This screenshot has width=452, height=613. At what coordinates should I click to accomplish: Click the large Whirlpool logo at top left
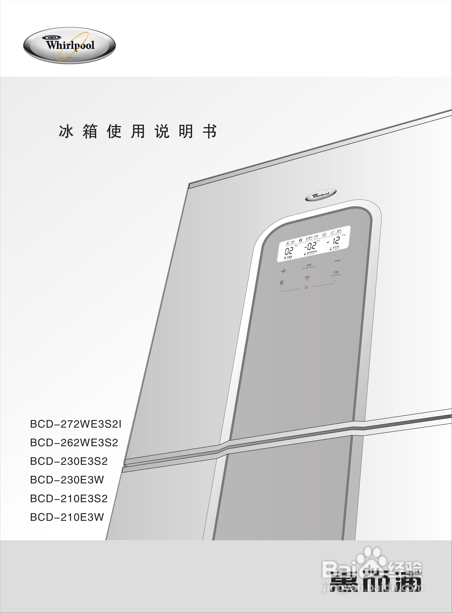pyautogui.click(x=69, y=46)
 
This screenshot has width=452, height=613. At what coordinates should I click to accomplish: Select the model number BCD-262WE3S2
pyautogui.click(x=74, y=443)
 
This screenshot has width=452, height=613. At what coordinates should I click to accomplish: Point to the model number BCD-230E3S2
pyautogui.click(x=69, y=461)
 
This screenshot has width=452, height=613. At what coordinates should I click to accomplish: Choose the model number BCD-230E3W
pyautogui.click(x=67, y=480)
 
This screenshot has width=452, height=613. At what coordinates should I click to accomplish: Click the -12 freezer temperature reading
pyautogui.click(x=334, y=241)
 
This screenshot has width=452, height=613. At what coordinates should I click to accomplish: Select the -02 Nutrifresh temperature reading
pyautogui.click(x=311, y=246)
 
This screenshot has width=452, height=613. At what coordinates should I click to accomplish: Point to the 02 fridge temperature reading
pyautogui.click(x=289, y=251)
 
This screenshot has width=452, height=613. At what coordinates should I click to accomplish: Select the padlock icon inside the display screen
pyautogui.click(x=324, y=234)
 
